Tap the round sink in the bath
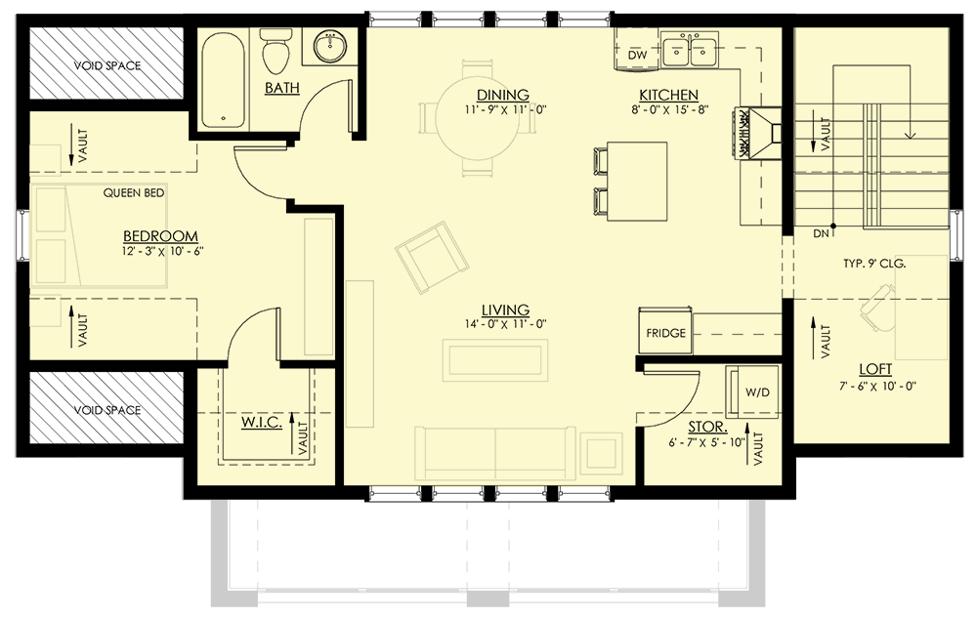click(x=330, y=46)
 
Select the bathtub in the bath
click(x=225, y=80)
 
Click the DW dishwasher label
click(x=638, y=56)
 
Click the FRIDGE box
click(x=665, y=333)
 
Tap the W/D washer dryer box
click(x=757, y=391)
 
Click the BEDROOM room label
click(x=160, y=236)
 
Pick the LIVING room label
click(x=504, y=309)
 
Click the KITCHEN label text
click(x=668, y=95)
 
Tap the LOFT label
click(x=875, y=370)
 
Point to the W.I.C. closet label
click(x=261, y=423)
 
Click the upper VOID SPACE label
click(x=107, y=65)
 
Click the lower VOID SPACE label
click(x=107, y=410)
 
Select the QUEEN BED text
click(x=134, y=193)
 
